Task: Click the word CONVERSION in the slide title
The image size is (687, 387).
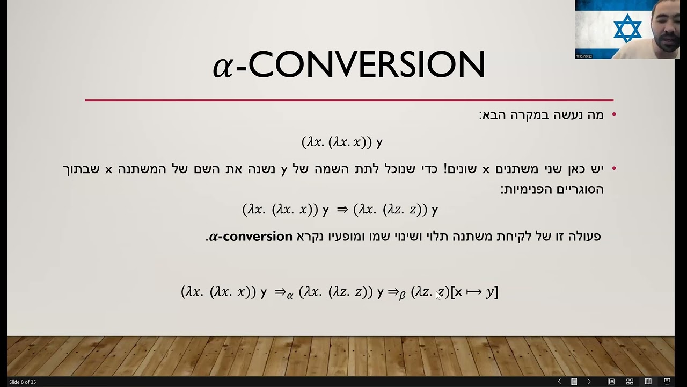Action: [x=367, y=65]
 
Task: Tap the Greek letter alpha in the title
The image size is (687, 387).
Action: [x=223, y=67]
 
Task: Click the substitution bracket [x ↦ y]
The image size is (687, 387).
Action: [x=474, y=292]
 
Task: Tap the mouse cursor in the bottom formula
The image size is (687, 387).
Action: [x=438, y=295]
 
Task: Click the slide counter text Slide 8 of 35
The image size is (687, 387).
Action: [x=23, y=382]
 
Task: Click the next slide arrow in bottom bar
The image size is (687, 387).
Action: [x=589, y=382]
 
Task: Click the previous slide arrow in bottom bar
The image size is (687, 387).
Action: [x=559, y=382]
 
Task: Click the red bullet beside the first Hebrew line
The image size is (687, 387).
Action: [x=614, y=114]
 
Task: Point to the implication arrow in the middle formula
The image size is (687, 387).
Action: [x=342, y=210]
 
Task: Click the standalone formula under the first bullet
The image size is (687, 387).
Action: [x=342, y=142]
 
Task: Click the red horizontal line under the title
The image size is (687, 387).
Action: [x=349, y=100]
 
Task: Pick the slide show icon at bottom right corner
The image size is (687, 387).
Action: [x=667, y=382]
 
